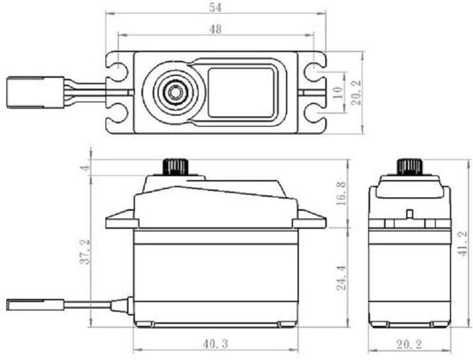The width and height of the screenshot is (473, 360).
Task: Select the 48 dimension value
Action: coord(215,29)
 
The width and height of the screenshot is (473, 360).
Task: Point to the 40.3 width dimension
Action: coord(215,343)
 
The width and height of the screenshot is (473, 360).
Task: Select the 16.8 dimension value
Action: coord(340,194)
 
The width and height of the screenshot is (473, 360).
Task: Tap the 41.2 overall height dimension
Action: coord(463,243)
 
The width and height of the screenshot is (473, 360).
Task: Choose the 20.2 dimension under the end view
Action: coord(409,343)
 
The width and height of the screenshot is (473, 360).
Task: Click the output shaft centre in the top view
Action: coord(173,91)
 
